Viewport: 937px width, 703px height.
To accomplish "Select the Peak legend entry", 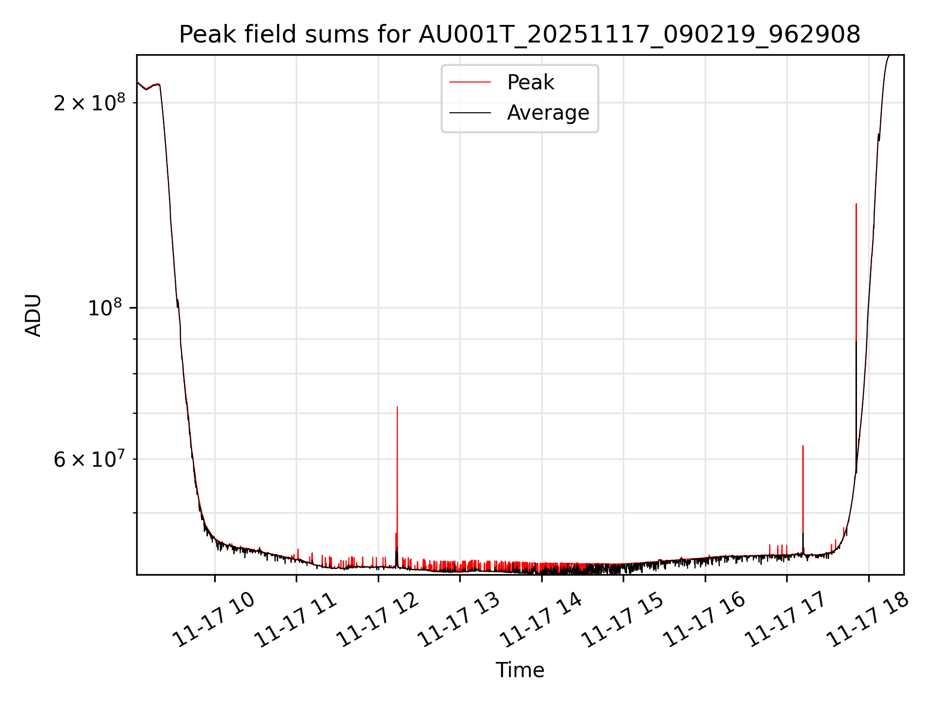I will tap(530, 83).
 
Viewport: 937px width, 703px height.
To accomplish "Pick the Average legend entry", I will tap(548, 113).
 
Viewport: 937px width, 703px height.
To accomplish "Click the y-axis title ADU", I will tap(34, 315).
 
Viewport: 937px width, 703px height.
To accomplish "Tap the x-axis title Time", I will tap(520, 670).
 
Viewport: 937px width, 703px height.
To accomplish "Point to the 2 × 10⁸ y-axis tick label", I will tap(89, 103).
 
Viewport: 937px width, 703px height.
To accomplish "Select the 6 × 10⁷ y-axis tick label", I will tap(89, 459).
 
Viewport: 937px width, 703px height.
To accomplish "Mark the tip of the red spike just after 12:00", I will tap(397, 407).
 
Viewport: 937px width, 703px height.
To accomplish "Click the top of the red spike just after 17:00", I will tap(803, 446).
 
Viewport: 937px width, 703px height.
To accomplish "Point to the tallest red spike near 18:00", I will tap(856, 204).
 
